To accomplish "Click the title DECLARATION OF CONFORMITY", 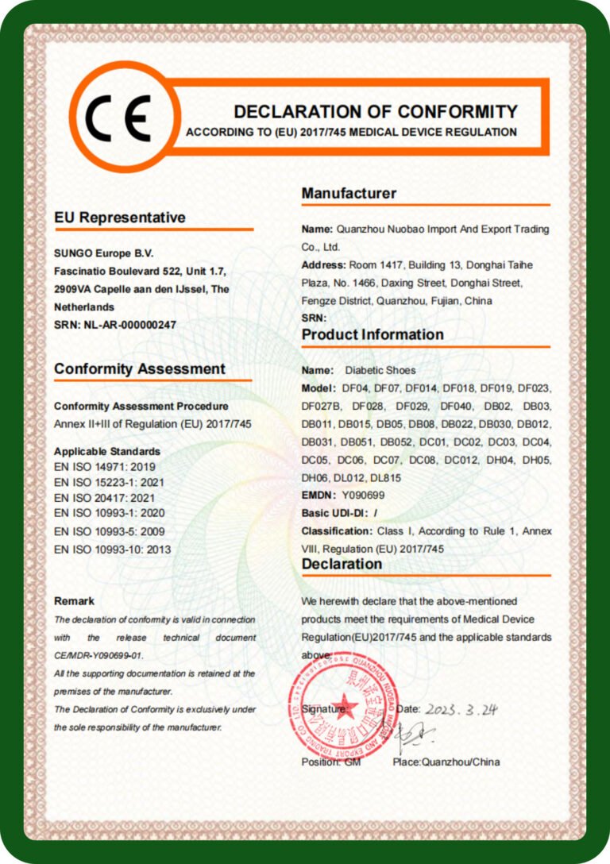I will (375, 111).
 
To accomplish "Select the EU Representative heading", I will (120, 218).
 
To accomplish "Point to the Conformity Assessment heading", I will (140, 369).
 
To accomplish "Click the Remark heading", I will (74, 601).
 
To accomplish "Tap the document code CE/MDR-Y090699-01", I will (98, 655).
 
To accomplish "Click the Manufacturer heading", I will (349, 193).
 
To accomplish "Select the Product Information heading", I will (373, 334).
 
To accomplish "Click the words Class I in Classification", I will (394, 530).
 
